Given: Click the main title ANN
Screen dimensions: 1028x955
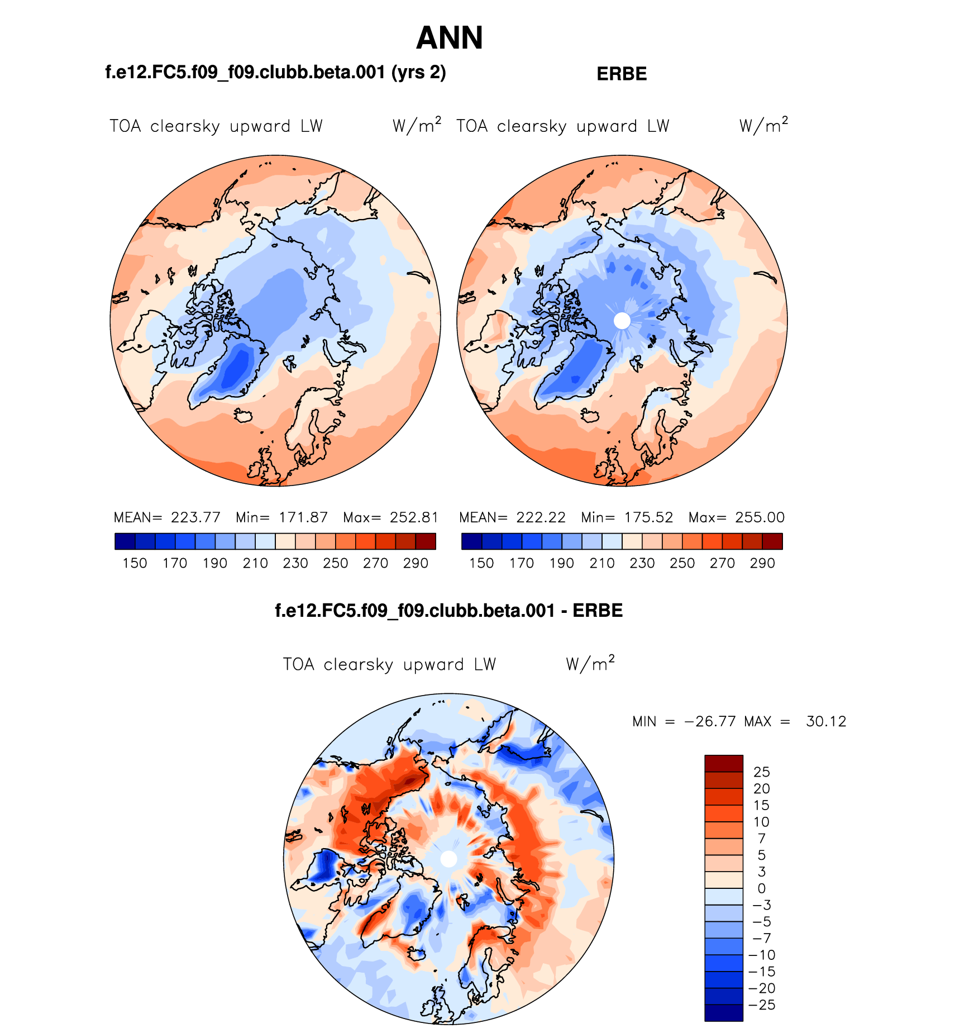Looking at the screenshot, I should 449,38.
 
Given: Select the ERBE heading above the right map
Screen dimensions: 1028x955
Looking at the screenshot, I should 622,74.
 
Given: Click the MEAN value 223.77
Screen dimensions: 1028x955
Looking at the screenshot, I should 195,517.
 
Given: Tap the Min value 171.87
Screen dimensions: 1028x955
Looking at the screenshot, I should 303,517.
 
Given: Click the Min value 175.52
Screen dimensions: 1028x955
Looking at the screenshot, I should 648,517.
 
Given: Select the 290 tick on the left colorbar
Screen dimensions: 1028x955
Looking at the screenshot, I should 416,563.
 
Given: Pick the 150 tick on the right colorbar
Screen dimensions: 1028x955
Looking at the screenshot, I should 481,563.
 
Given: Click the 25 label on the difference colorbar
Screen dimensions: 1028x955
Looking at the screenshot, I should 761,772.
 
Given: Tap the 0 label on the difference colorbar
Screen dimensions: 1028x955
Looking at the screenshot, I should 761,889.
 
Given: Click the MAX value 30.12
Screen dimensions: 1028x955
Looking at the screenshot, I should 826,722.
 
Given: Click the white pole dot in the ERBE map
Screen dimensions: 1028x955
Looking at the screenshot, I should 622,321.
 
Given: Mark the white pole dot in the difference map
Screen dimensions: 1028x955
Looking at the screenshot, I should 448,859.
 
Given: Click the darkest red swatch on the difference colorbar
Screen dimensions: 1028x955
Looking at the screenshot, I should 723,763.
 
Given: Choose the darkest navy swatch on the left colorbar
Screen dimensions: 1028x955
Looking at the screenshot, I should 125,541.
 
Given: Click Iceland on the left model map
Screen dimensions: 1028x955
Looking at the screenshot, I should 243,416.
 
